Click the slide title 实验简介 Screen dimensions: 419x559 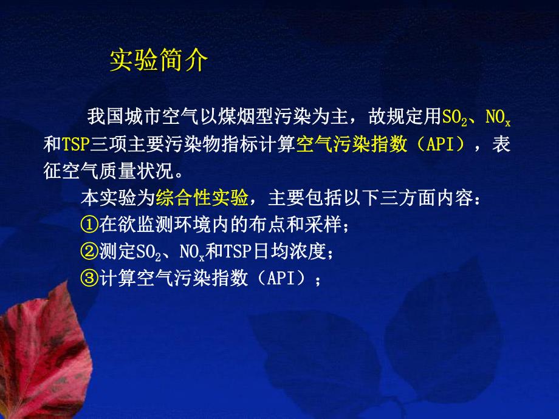point(159,61)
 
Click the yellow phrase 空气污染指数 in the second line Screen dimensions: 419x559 point(351,145)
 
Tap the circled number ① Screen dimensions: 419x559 point(88,225)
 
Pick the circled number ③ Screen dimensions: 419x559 point(88,278)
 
